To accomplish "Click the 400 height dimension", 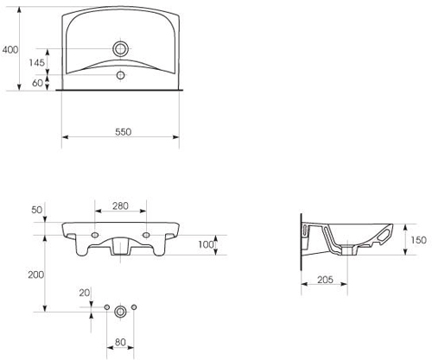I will click(10, 50).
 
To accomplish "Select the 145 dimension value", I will click(37, 63).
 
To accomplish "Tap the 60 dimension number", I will click(38, 83).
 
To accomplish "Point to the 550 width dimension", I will click(122, 130).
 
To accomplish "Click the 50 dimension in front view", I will click(36, 210).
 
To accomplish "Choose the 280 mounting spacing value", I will click(120, 206).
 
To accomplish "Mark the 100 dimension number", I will click(205, 245).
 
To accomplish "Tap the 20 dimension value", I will click(83, 293).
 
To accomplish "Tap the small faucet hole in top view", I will click(120, 76).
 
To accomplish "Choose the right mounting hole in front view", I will click(147, 233).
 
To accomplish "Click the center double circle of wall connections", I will click(120, 309).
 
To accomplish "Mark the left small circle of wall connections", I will click(106, 309).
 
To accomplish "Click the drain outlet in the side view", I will click(349, 250).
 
